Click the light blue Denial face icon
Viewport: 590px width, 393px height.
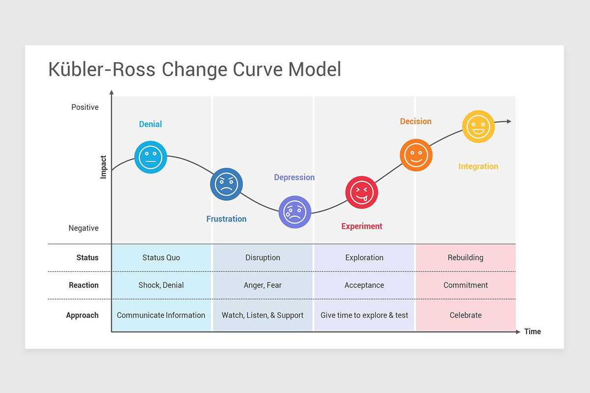coord(150,157)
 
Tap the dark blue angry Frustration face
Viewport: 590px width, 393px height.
coord(226,184)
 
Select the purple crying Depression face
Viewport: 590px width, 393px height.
coord(295,212)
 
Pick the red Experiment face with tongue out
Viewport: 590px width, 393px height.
coord(362,193)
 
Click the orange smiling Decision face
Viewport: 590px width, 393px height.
coord(416,155)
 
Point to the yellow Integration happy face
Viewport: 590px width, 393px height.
coord(478,127)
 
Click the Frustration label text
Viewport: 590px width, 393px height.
coord(226,219)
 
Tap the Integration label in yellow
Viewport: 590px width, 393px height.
coord(478,167)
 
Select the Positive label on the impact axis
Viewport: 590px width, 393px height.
coord(85,107)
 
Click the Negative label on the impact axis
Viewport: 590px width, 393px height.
coord(84,228)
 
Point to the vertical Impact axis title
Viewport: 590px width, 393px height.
coord(103,167)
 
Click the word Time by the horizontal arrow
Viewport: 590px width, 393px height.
coord(532,332)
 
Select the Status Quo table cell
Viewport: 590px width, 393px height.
coord(161,257)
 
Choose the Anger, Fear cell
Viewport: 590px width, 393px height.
coord(263,285)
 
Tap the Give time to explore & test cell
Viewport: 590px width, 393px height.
coord(364,315)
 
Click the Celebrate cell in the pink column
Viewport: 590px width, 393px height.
coord(466,315)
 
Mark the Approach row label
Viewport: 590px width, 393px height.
coord(82,315)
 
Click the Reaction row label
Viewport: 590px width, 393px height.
coord(84,285)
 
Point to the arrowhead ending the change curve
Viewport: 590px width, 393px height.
coord(509,121)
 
